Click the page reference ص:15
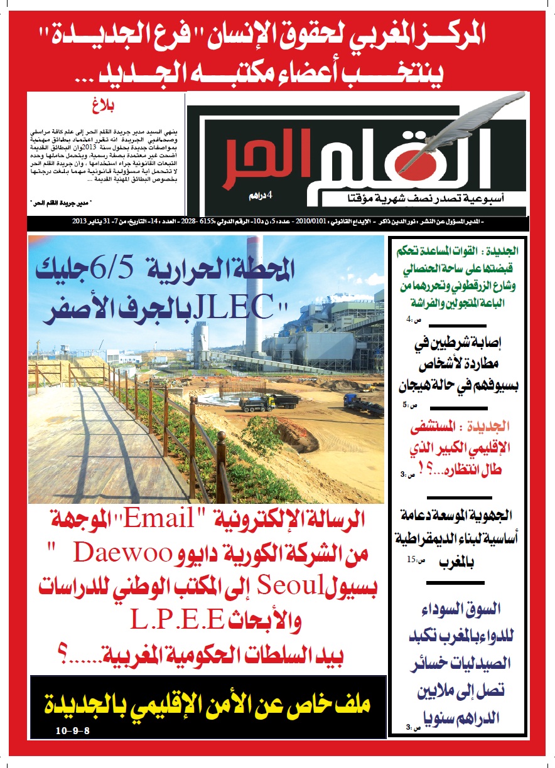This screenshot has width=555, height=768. pos(414,560)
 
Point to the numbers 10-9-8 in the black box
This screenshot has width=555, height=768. pos(73,732)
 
